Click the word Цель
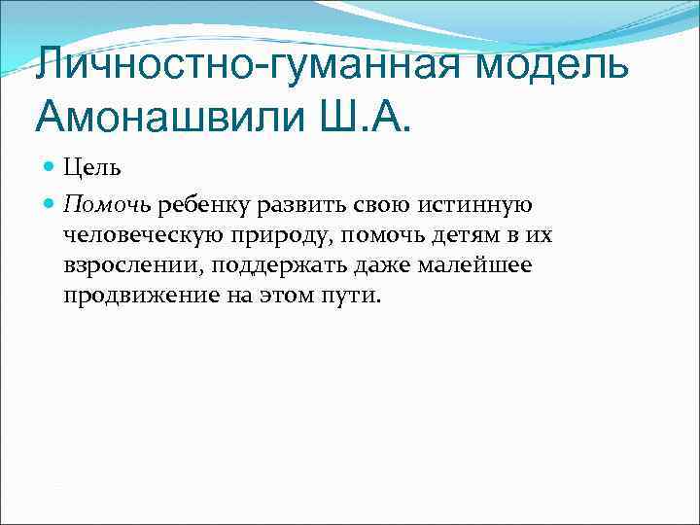coord(92,168)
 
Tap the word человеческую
coord(137,234)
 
